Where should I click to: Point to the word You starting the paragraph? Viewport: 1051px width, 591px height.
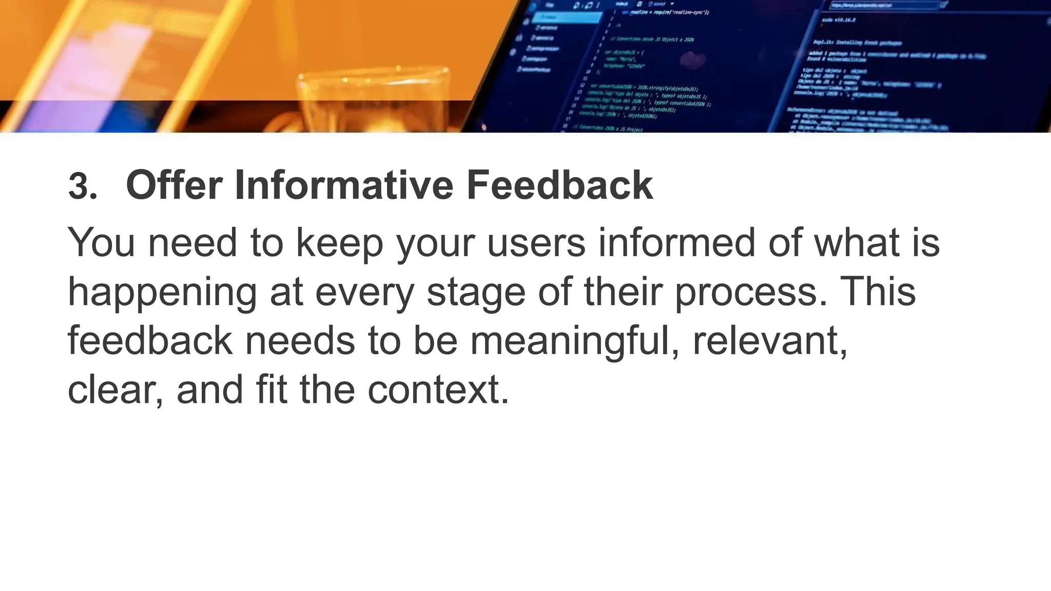(x=102, y=242)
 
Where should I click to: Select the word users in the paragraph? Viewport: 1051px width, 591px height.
(x=536, y=242)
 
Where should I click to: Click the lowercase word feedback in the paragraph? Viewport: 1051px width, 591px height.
(x=150, y=341)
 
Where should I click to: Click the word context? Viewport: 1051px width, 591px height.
(x=438, y=390)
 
